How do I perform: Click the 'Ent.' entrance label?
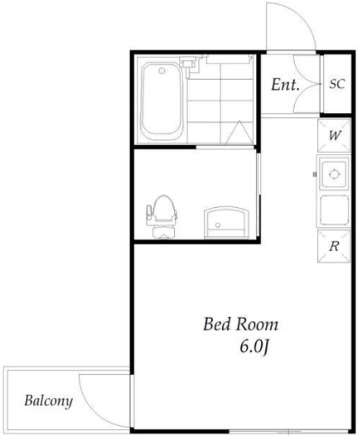tap(285, 84)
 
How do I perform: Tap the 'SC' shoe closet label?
tap(338, 84)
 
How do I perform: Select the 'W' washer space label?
tap(335, 136)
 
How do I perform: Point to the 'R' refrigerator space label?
tap(334, 246)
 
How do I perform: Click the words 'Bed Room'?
tap(240, 324)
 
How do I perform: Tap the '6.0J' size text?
tap(255, 347)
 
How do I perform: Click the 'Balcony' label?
tap(49, 401)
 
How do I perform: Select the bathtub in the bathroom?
tap(161, 102)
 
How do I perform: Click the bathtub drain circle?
tap(162, 71)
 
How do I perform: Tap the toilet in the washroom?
tap(162, 217)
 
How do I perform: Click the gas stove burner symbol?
tap(334, 174)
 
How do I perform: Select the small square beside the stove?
tap(314, 174)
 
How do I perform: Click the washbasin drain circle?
tap(218, 225)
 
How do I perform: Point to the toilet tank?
tap(162, 232)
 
